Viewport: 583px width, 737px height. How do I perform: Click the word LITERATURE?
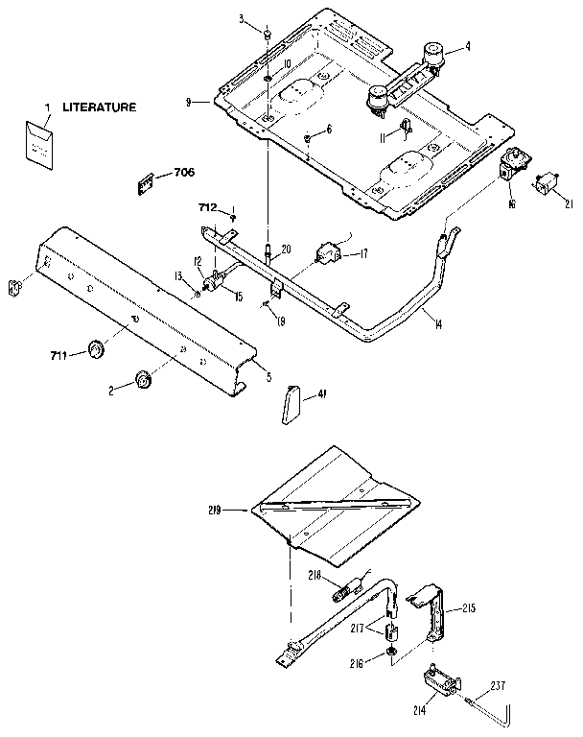(x=100, y=107)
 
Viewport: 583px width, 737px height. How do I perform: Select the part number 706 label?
(x=184, y=173)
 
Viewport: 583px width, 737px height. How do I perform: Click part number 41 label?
(x=322, y=393)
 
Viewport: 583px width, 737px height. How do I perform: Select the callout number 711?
(x=59, y=357)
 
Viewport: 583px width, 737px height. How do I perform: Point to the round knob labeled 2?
(x=144, y=380)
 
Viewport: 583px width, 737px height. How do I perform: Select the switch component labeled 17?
(x=329, y=253)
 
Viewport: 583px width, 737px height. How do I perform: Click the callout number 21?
(x=570, y=203)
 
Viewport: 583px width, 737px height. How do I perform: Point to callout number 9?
(x=191, y=101)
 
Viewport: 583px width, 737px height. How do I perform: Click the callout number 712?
(x=207, y=207)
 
